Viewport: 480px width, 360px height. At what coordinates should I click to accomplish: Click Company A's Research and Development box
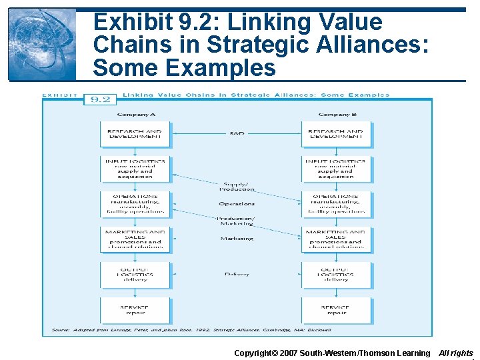pyautogui.click(x=135, y=134)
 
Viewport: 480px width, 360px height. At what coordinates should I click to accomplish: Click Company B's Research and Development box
pyautogui.click(x=336, y=134)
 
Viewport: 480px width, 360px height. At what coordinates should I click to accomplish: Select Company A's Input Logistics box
pyautogui.click(x=135, y=169)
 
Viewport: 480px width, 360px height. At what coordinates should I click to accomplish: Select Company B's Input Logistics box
pyautogui.click(x=336, y=169)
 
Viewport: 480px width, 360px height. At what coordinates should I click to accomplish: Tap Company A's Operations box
pyautogui.click(x=135, y=204)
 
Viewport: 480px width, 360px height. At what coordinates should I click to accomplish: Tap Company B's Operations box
pyautogui.click(x=336, y=204)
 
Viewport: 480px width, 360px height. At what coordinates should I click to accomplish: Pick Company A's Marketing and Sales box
pyautogui.click(x=135, y=239)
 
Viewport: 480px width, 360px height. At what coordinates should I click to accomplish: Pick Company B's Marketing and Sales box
pyautogui.click(x=336, y=239)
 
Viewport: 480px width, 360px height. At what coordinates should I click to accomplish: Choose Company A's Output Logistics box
pyautogui.click(x=135, y=274)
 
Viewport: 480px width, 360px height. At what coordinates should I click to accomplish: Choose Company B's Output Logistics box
pyautogui.click(x=336, y=274)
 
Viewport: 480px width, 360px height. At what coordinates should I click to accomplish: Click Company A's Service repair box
pyautogui.click(x=135, y=310)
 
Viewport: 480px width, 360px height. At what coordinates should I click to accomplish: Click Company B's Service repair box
pyautogui.click(x=336, y=310)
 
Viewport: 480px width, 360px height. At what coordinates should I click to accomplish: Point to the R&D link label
pyautogui.click(x=237, y=134)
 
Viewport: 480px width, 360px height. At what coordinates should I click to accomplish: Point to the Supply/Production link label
pyautogui.click(x=237, y=186)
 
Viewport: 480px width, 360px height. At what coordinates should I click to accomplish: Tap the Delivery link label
pyautogui.click(x=237, y=274)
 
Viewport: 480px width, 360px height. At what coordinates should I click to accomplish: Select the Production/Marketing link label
pyautogui.click(x=237, y=221)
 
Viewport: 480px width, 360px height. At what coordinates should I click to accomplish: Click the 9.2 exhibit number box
pyautogui.click(x=100, y=99)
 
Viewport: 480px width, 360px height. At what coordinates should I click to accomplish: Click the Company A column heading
pyautogui.click(x=136, y=115)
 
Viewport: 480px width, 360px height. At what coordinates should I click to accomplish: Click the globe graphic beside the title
pyautogui.click(x=41, y=44)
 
